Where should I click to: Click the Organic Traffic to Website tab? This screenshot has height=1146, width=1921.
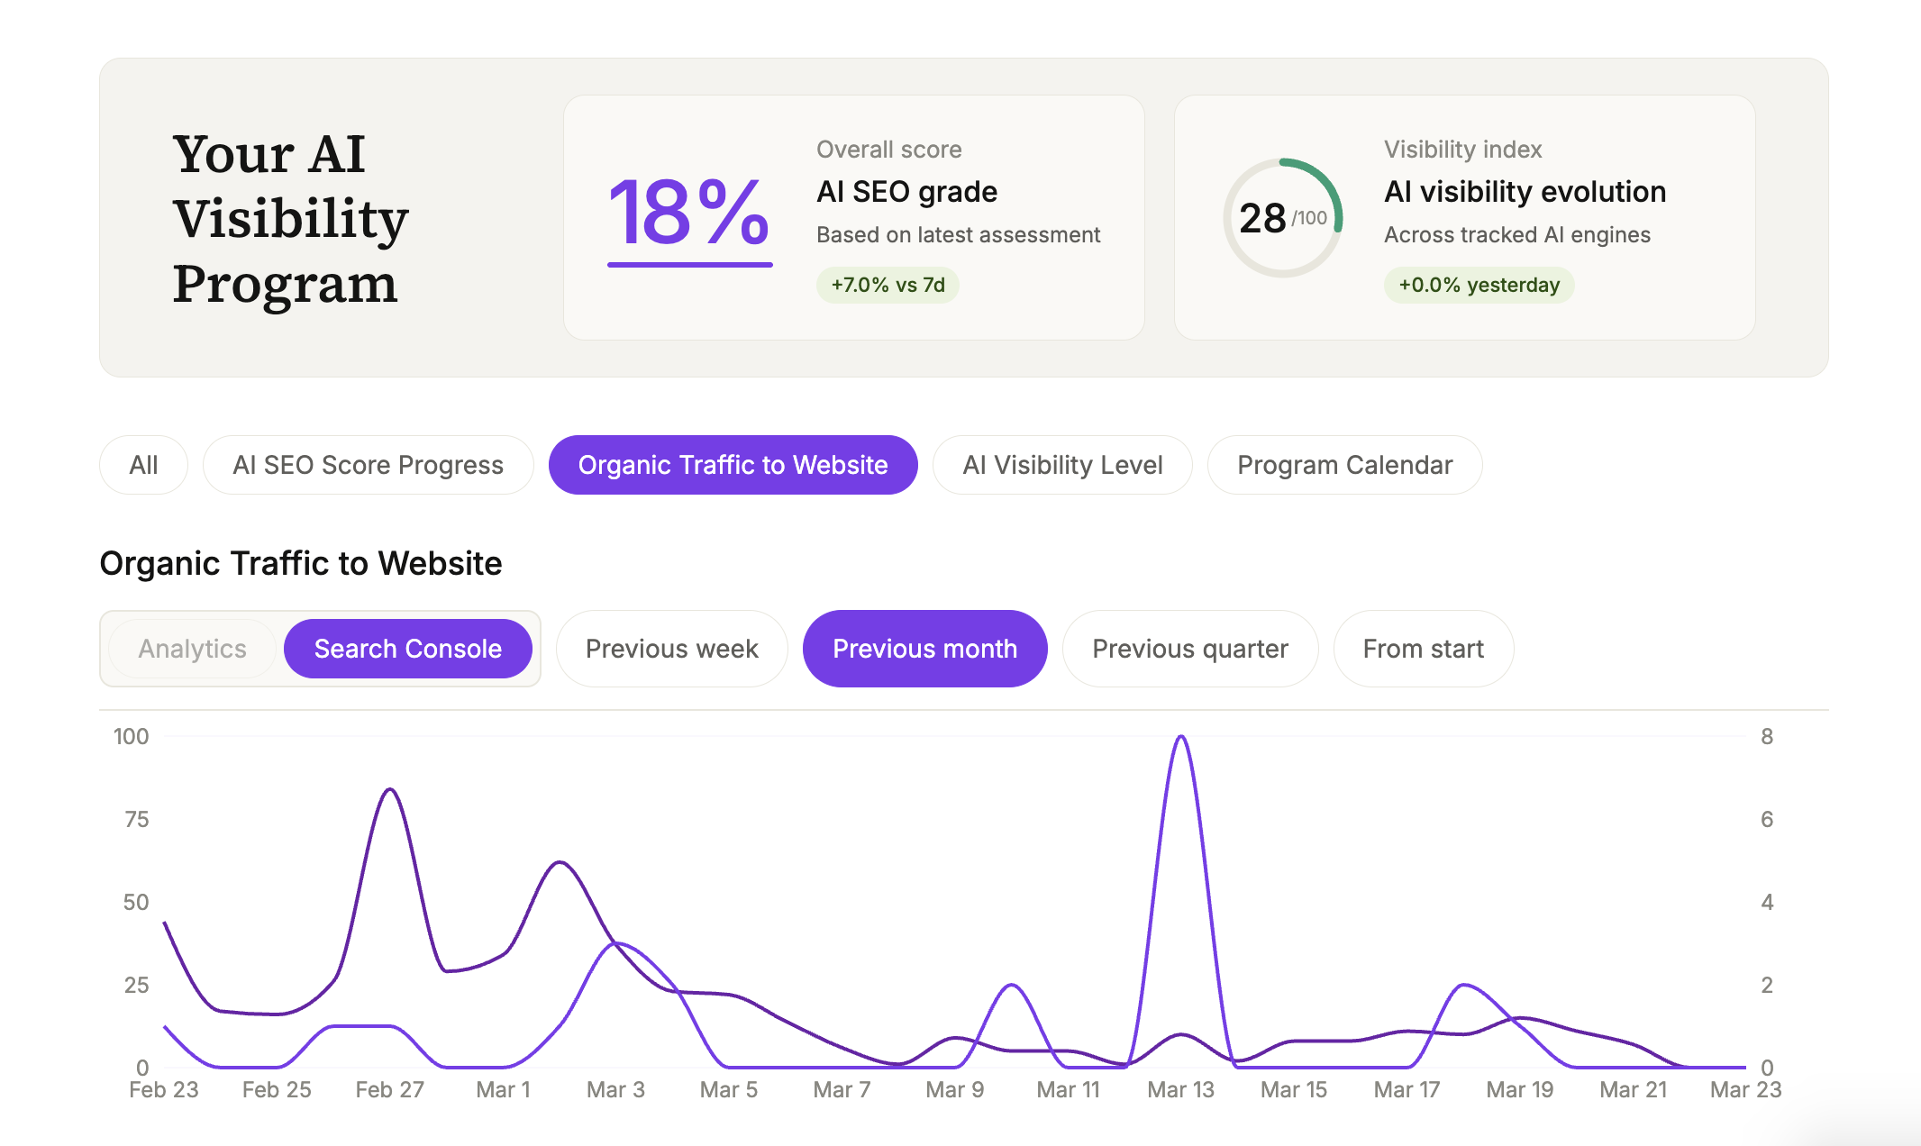[733, 465]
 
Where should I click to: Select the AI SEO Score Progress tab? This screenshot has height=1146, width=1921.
[368, 465]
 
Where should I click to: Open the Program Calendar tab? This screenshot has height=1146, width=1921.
[1344, 465]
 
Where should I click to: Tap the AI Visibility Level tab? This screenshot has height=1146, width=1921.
[1062, 465]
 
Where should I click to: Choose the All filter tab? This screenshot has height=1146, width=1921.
[143, 465]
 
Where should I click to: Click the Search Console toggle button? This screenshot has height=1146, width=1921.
[407, 649]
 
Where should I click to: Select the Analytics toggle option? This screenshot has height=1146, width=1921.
[192, 649]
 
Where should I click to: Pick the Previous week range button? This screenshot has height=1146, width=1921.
[671, 649]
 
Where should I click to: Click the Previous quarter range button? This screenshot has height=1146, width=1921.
[1189, 649]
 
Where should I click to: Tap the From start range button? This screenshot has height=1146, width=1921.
[1423, 649]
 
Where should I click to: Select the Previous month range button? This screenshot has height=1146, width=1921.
[924, 649]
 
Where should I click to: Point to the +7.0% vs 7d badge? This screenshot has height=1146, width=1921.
[888, 285]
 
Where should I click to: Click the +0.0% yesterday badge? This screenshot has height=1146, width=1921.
[1479, 285]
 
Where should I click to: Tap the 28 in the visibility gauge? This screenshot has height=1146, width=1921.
[1262, 218]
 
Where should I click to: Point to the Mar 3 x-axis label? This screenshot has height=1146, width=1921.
[615, 1090]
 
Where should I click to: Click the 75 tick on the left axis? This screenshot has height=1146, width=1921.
[136, 819]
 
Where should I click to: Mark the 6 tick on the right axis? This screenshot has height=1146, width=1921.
[1767, 819]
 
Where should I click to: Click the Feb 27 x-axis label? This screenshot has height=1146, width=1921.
[389, 1090]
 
